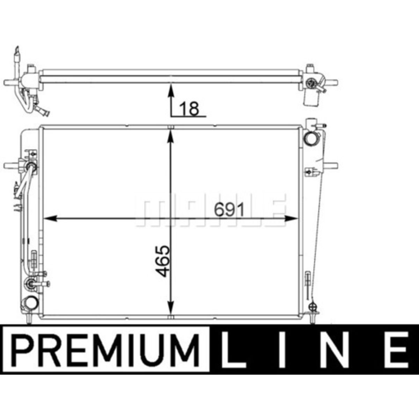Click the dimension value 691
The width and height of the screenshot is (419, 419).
click(229, 209)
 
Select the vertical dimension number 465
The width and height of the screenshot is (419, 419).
click(162, 261)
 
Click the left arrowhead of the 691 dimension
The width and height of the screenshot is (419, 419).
click(50, 218)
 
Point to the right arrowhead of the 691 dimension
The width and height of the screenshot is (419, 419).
click(291, 218)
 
